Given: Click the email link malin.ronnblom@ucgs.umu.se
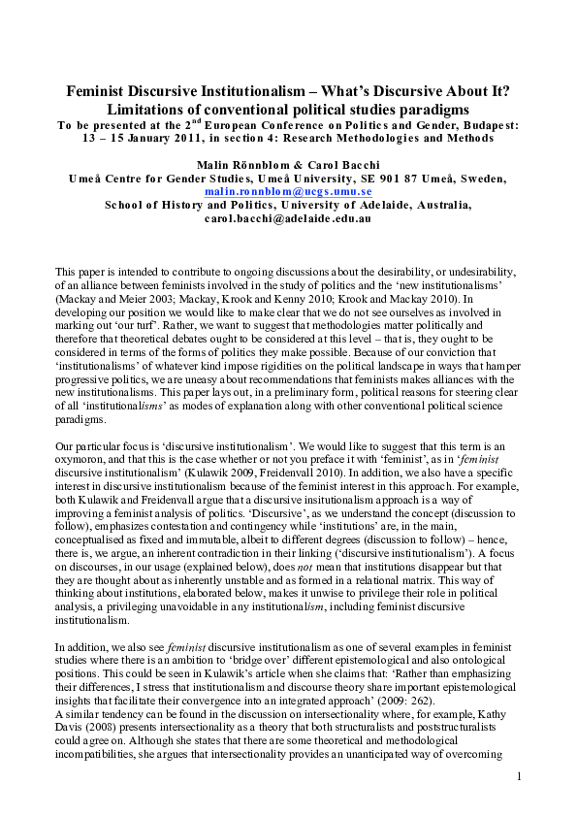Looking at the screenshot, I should [x=288, y=192].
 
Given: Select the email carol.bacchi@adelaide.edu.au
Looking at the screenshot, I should [x=288, y=219].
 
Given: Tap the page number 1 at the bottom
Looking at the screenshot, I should [x=520, y=776].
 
